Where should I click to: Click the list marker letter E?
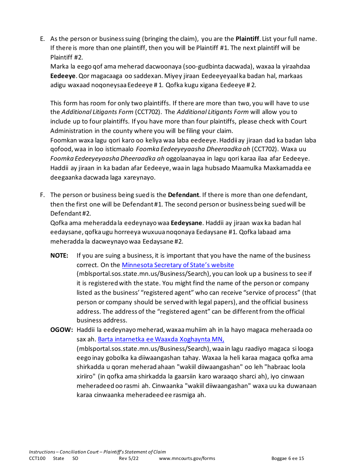(42, 39)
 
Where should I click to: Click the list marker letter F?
(42, 195)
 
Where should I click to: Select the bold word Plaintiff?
(247, 39)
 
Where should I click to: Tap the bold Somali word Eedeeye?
(63, 76)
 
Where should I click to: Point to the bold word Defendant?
(183, 195)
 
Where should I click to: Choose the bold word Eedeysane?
(187, 223)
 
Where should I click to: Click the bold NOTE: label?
(59, 255)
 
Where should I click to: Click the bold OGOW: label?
(61, 330)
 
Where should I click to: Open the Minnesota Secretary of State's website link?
(178, 265)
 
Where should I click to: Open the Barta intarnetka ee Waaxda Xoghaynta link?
(161, 339)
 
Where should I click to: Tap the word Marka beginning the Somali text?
(59, 66)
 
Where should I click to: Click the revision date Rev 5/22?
(129, 458)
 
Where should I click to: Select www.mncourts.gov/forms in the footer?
(187, 458)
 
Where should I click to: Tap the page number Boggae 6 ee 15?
(288, 458)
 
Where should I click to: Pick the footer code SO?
(75, 458)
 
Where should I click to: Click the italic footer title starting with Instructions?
(97, 452)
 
